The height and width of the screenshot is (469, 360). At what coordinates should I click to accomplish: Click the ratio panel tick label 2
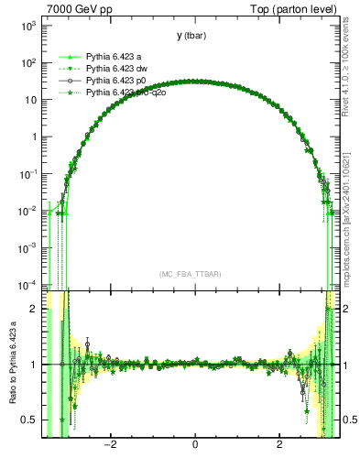tap(33, 310)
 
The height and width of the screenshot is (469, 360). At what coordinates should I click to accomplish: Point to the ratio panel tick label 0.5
tap(29, 420)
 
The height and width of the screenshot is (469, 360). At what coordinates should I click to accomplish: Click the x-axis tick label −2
tap(110, 446)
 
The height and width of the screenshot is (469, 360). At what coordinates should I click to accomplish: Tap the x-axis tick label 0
tap(195, 446)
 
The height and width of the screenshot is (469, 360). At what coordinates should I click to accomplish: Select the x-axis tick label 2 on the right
tap(280, 446)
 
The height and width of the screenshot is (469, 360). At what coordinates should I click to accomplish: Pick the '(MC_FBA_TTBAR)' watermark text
tap(191, 275)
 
